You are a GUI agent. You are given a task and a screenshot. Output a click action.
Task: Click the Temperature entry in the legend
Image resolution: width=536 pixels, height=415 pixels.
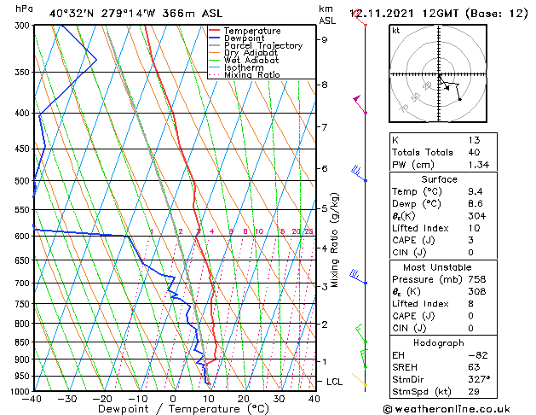[252, 31]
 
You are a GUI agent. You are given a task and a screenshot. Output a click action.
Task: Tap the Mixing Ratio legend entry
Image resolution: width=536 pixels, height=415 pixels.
[252, 75]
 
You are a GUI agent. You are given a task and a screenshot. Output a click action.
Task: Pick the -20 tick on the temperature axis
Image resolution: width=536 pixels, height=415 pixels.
[102, 398]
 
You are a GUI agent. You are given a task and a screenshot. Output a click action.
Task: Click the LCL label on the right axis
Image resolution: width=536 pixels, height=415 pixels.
[335, 381]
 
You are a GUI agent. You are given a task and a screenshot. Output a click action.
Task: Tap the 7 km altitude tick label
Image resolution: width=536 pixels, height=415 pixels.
[324, 127]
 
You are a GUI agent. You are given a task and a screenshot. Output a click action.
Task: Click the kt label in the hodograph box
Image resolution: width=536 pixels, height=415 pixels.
[396, 30]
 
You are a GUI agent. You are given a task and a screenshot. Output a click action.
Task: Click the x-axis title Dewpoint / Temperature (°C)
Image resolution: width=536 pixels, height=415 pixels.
[174, 409]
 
